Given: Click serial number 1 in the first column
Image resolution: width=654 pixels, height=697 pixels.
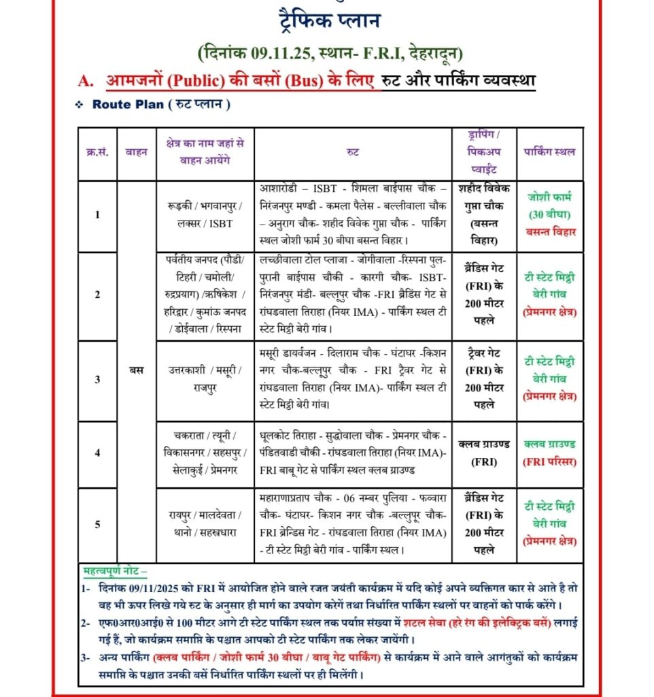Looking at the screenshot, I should (x=97, y=215).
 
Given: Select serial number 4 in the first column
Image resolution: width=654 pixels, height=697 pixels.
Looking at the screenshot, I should (x=97, y=453).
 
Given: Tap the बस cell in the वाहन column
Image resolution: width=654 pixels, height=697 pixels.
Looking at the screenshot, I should (x=136, y=370).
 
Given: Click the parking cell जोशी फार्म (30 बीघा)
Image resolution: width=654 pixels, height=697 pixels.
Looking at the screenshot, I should (x=550, y=206).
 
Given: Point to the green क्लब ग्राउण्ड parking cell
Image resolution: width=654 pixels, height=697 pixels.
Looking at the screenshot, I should (x=550, y=444).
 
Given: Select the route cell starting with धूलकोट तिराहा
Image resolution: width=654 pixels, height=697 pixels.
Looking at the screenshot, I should (x=354, y=453).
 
